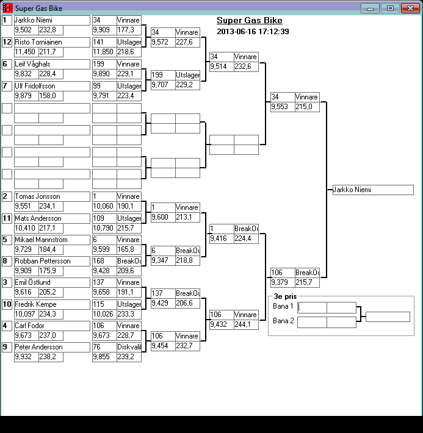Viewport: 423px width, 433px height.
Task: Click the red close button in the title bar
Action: coord(407,8)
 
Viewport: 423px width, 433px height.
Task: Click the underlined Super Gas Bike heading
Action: coord(249,21)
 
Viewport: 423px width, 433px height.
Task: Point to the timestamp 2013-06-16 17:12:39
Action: coord(253,31)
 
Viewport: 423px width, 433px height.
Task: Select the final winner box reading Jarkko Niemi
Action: coord(372,190)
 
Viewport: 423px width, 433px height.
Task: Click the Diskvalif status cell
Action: coord(129,347)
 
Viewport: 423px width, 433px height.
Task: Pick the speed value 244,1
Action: coord(245,324)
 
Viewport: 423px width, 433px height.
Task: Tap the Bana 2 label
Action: coord(283,321)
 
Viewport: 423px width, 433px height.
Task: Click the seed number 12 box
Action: coord(7,42)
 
